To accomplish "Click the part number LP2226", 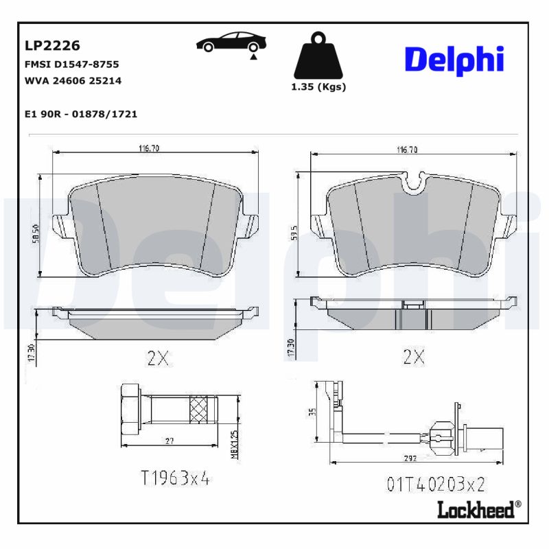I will [52, 46].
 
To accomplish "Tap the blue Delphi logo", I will [454, 61].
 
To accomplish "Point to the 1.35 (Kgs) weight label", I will [318, 87].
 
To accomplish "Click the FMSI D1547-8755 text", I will [71, 64].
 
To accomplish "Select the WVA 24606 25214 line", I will [73, 80].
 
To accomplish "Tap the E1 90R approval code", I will [80, 114].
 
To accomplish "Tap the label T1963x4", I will [175, 478].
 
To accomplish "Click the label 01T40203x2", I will [435, 485].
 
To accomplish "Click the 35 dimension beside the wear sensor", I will [312, 413].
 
